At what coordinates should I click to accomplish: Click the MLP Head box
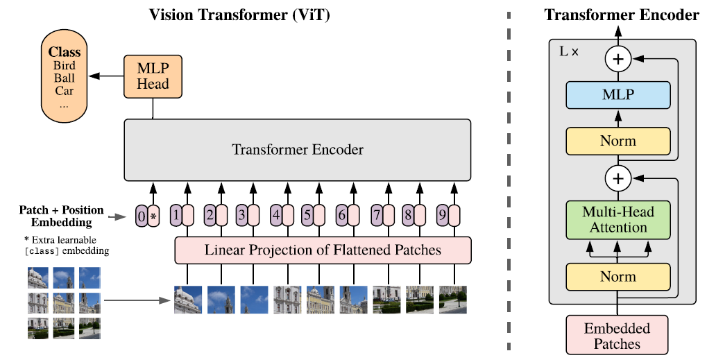[x=153, y=76]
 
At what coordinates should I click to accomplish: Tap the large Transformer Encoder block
[x=298, y=150]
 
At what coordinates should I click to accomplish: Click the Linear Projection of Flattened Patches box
[x=323, y=250]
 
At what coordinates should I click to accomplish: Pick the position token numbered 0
[x=142, y=216]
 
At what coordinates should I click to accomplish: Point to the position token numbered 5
[x=307, y=216]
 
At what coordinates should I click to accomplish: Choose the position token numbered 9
[x=442, y=216]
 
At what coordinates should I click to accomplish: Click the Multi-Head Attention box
[x=618, y=218]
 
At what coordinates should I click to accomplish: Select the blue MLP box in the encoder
[x=618, y=95]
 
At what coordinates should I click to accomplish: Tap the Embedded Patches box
[x=617, y=335]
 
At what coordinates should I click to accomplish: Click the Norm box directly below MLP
[x=618, y=141]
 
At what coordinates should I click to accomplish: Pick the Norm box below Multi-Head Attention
[x=618, y=277]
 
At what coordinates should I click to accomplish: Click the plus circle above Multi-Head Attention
[x=618, y=179]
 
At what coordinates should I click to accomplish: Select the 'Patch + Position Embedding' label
[x=61, y=216]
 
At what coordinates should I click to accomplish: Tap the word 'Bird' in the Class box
[x=64, y=65]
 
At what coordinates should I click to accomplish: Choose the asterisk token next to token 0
[x=154, y=216]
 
